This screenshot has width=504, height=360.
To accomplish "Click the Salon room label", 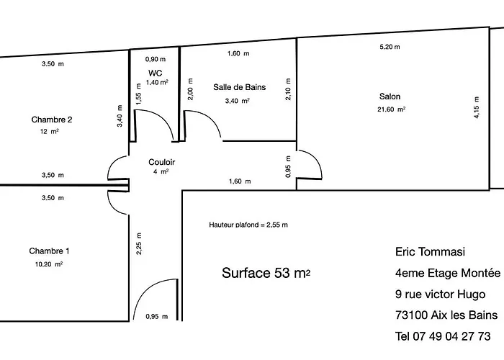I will point(390,96).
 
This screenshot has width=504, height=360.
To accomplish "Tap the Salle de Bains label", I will point(239,87).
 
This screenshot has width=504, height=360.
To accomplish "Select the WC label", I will point(156,73).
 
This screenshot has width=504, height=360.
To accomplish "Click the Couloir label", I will point(161,162).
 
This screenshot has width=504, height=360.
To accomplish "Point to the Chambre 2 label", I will point(51,120).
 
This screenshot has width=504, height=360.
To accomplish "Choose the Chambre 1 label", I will point(49,251).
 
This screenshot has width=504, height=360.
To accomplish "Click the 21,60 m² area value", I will point(392,109).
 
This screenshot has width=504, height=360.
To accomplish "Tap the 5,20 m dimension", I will point(390,47).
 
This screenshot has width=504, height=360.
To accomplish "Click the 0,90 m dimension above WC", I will point(156,59).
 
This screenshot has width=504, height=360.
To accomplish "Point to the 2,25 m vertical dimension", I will point(139,245).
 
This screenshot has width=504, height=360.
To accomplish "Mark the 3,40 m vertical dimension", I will point(120,116).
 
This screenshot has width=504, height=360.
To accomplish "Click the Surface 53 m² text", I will point(267,274).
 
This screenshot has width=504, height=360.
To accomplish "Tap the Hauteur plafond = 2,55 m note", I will point(248,225).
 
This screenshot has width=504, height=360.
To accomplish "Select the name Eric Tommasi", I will point(431,252).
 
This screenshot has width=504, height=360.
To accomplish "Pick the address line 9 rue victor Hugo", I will point(440,294).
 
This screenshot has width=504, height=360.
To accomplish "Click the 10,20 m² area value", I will point(49,264).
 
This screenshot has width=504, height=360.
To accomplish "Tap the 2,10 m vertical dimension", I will point(288,89).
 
